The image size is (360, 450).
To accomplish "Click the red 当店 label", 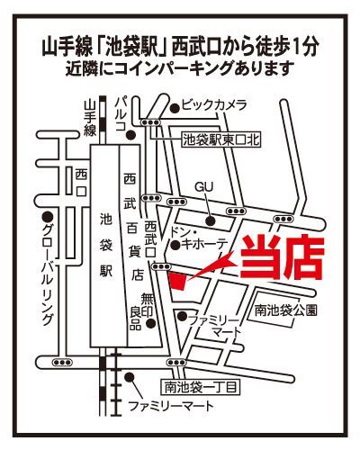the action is tap(282, 257).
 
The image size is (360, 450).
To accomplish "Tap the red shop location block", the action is tap(178, 281).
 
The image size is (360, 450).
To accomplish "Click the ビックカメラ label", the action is tap(214, 105).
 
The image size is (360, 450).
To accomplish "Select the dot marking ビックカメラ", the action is tap(175, 108).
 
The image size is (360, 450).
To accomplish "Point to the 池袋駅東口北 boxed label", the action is tap(221, 139).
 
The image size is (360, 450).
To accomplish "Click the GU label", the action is tap(204, 187).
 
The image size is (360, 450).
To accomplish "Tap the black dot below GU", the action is tap(210, 221).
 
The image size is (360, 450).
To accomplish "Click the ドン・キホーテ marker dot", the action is tap(175, 246).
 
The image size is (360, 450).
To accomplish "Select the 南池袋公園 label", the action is tap(285, 310).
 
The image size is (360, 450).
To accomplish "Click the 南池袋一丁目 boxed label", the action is tap(201, 387).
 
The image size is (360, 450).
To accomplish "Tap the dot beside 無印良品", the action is tap(150, 323).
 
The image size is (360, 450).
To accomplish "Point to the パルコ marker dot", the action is tap(130, 135).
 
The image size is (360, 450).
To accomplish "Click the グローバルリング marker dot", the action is tap(47, 216).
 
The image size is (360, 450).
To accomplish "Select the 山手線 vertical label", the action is tap(90, 118).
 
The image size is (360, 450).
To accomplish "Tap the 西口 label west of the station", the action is tap(81, 183).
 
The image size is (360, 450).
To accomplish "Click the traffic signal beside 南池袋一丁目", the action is tap(175, 363).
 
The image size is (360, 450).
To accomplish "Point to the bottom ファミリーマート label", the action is tap(171, 406).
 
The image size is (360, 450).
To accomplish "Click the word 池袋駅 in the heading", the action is tap(132, 47).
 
